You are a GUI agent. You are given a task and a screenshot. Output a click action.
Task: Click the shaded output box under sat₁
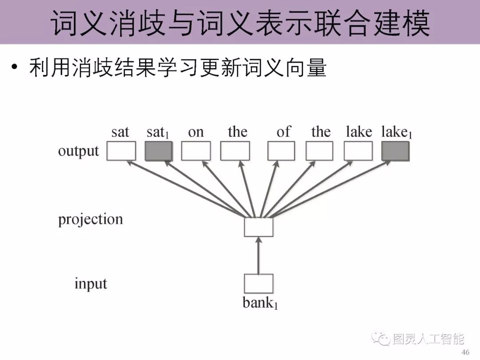click(158, 151)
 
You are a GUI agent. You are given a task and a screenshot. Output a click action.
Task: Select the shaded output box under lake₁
click(395, 151)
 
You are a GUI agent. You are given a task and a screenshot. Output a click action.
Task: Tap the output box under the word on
click(196, 151)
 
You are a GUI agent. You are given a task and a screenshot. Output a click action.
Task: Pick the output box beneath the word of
click(281, 151)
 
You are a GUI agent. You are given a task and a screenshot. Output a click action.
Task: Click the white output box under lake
click(358, 151)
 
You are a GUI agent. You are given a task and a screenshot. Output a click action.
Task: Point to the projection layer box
click(258, 227)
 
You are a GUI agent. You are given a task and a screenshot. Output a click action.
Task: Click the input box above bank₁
click(258, 284)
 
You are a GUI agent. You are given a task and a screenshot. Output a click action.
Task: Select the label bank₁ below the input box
click(260, 303)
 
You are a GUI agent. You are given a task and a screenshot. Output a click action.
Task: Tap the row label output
click(79, 151)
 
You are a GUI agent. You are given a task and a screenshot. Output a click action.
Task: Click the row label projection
click(90, 220)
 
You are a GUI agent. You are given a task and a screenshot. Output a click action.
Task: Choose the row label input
click(91, 284)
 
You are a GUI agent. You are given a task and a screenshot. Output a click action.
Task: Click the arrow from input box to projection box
click(258, 256)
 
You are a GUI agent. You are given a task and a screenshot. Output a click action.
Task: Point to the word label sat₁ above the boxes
click(158, 132)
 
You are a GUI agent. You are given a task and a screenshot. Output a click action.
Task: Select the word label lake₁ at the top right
click(396, 132)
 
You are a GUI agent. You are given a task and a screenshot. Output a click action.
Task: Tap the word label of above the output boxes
click(283, 132)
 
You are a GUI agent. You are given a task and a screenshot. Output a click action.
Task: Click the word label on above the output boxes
click(196, 132)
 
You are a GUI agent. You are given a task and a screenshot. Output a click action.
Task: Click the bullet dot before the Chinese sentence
click(15, 68)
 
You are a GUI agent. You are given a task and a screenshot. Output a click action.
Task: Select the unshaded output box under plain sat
click(121, 151)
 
